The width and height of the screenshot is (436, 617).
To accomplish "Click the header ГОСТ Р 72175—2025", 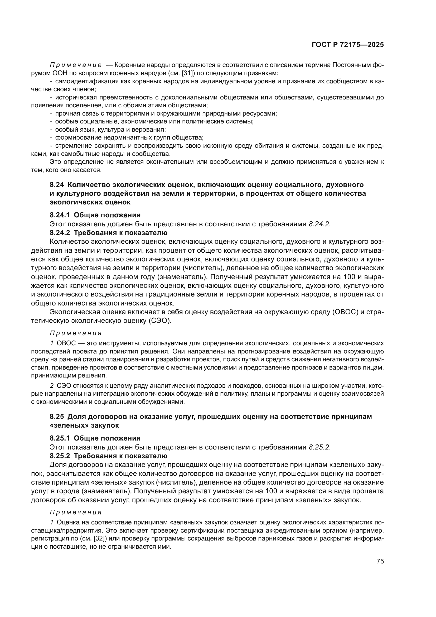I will (348, 45).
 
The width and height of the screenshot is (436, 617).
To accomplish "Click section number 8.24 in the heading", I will (57, 185).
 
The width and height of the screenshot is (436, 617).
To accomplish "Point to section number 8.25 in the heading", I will (57, 417).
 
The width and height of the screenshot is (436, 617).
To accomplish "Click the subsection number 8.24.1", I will (60, 215).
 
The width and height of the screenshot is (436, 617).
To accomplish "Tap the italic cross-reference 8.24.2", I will (319, 224).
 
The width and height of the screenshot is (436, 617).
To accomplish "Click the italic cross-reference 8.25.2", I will (319, 447).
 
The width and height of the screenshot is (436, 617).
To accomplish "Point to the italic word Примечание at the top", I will (76, 65).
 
